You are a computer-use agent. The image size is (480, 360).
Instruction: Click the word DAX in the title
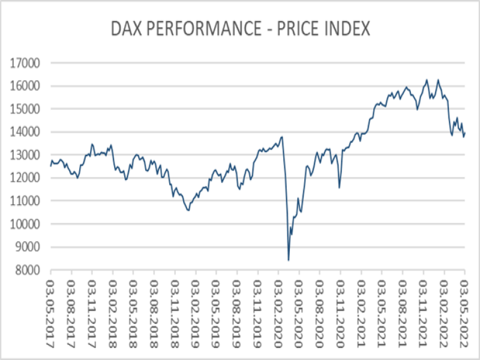pyautogui.click(x=128, y=28)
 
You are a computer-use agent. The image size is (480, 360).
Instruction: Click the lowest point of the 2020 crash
pyautogui.click(x=289, y=260)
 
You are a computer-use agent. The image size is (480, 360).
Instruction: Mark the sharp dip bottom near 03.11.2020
pyautogui.click(x=340, y=188)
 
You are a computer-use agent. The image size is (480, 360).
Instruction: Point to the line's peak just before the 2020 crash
pyautogui.click(x=282, y=137)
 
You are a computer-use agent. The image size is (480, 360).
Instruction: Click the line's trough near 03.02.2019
pyautogui.click(x=188, y=211)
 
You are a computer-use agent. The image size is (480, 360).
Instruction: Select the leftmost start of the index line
pyautogui.click(x=50, y=166)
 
